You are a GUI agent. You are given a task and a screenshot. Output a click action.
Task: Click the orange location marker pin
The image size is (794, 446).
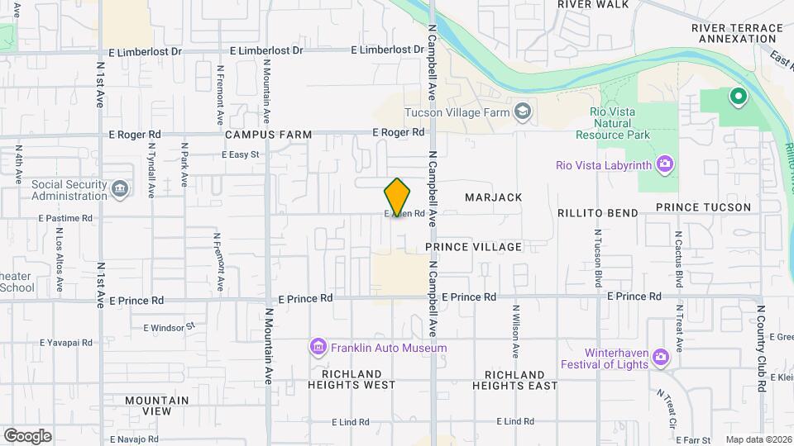398,197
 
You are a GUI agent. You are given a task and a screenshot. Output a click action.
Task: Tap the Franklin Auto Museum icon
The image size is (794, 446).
318,348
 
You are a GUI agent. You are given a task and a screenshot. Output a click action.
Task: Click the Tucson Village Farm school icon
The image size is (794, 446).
523,111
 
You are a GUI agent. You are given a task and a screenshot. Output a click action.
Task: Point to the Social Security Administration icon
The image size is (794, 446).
121,190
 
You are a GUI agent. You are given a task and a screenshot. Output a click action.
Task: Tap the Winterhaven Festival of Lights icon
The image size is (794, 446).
660,358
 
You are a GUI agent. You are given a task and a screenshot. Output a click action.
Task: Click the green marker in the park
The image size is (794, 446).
738,98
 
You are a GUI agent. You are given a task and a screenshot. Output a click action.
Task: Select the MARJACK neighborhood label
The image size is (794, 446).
494,197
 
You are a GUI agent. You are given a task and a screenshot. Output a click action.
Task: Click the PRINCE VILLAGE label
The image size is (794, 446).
474,247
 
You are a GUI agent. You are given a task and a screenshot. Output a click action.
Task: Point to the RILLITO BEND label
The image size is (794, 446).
598,213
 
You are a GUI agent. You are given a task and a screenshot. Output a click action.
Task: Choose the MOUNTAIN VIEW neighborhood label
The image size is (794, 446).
157,406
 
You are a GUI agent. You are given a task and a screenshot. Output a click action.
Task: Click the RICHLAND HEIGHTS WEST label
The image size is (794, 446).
352,380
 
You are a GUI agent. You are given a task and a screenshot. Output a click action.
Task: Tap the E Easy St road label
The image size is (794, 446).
241,154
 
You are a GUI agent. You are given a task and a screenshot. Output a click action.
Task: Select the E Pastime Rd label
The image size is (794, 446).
65,218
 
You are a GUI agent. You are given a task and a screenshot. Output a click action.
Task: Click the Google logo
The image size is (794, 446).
27,436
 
